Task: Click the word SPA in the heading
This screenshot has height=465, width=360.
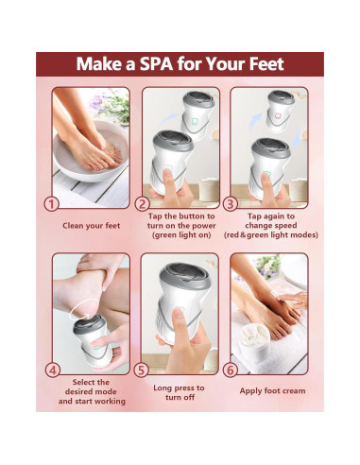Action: (x=156, y=63)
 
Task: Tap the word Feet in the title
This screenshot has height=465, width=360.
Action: (x=266, y=63)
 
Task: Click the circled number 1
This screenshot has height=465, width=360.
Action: (x=51, y=204)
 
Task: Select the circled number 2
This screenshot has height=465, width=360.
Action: (x=142, y=204)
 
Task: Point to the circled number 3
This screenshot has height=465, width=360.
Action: (x=231, y=204)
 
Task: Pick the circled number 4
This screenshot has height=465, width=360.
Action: (x=53, y=370)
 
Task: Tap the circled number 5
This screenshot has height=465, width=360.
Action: (x=141, y=370)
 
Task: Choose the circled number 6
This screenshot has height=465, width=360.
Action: (x=231, y=370)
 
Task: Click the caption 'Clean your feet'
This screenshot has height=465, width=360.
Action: (x=92, y=226)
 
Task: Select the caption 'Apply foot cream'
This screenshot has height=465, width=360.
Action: (x=272, y=391)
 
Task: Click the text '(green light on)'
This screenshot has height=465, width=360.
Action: (x=181, y=235)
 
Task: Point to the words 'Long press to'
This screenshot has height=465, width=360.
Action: (x=179, y=387)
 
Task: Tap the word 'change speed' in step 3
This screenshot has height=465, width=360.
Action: (x=271, y=226)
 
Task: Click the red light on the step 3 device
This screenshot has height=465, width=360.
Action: (x=278, y=116)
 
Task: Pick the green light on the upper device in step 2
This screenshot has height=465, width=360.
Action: (x=195, y=121)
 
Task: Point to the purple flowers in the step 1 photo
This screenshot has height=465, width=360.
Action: (x=97, y=101)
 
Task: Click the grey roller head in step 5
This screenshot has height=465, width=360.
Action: (x=184, y=276)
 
